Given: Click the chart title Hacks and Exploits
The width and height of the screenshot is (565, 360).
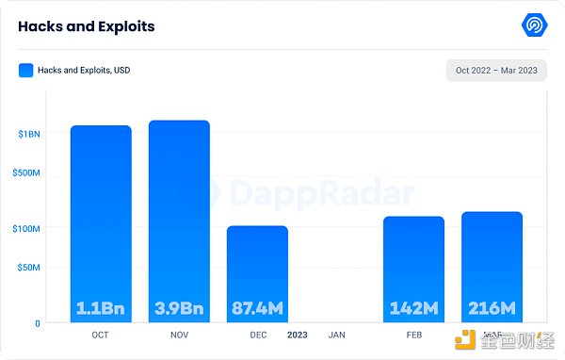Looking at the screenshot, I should pos(86,26).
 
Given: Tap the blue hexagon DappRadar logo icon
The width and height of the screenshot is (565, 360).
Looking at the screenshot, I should pos(535,25).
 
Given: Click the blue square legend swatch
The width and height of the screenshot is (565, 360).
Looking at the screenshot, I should pos(25,70).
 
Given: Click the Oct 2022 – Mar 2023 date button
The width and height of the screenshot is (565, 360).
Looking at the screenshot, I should pos(496,71).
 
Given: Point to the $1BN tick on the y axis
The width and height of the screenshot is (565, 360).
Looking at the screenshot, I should pos(29,135).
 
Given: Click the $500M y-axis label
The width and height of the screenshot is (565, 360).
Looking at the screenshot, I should pos(27,174).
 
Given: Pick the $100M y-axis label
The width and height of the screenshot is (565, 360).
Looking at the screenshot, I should pos(27,228).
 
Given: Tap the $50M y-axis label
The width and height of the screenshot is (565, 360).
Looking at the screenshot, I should pos(29,268).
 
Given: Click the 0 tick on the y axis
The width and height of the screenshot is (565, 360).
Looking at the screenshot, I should pos(37,323).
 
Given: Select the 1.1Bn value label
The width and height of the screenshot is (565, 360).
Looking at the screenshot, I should pos(101,308).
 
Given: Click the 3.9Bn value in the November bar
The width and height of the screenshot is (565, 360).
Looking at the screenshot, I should pos(179,308).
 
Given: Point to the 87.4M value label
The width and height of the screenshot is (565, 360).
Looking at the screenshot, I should pos(257,308).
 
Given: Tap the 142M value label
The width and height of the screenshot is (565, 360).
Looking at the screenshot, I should pos(413,308).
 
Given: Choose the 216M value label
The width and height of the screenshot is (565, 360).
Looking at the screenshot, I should pos(492,308).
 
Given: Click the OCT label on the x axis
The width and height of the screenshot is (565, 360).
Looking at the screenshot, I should pos(101,335).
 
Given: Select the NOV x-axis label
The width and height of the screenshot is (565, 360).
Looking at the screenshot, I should pos(179,335).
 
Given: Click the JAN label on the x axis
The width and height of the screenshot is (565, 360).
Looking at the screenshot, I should pos(336,335).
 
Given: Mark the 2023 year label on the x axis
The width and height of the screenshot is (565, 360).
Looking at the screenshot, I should pos(297,335).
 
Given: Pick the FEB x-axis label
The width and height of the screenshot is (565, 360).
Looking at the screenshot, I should pos(413,335).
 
